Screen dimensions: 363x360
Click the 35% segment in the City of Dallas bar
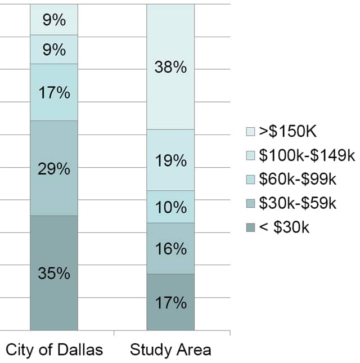pyautogui.click(x=54, y=273)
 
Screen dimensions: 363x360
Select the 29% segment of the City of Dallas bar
pyautogui.click(x=54, y=168)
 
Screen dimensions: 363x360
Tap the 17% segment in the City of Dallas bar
pyautogui.click(x=54, y=92)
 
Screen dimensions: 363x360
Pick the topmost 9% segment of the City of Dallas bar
pyautogui.click(x=54, y=20)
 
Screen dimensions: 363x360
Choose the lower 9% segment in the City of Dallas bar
pyautogui.click(x=54, y=50)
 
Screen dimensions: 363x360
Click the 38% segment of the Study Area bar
pyautogui.click(x=170, y=67)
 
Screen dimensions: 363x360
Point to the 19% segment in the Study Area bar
pyautogui.click(x=170, y=160)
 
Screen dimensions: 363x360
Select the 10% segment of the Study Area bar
pyautogui.click(x=170, y=207)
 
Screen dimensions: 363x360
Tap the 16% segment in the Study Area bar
pyautogui.click(x=170, y=248)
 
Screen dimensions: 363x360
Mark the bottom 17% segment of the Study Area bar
pyautogui.click(x=170, y=302)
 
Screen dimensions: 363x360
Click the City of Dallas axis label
pyautogui.click(x=55, y=349)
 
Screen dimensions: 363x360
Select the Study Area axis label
pyautogui.click(x=170, y=349)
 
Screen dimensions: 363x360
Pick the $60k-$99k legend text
pyautogui.click(x=297, y=180)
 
